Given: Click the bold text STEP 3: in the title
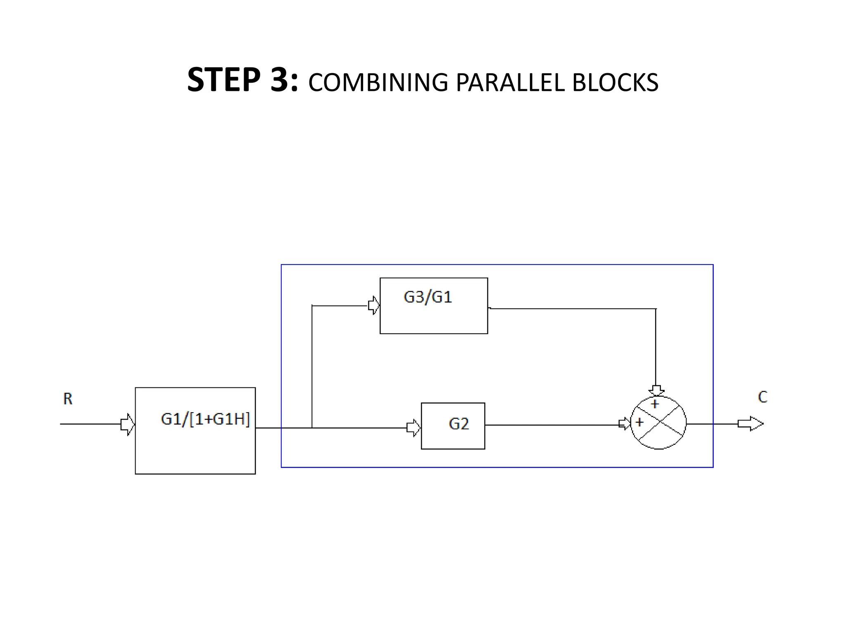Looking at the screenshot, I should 242,80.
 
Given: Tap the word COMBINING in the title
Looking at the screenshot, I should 378,82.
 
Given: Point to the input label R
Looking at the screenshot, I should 68,399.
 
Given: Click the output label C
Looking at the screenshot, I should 763,397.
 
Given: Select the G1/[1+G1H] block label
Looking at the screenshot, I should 205,419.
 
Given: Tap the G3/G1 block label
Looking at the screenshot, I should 428,297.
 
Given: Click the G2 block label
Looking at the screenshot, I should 459,424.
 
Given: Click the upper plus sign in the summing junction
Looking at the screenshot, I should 655,403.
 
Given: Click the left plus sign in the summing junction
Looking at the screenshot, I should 639,422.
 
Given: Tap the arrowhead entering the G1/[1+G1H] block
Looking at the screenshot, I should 128,424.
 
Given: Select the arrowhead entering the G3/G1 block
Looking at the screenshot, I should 374,306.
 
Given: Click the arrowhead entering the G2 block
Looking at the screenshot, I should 413,428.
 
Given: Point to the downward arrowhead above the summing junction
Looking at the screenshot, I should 656,390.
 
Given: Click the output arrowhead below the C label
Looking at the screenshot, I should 751,424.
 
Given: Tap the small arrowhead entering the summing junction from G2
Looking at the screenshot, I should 625,424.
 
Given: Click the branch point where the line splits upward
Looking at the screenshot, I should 312,428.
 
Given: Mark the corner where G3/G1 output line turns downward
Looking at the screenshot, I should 656,308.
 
